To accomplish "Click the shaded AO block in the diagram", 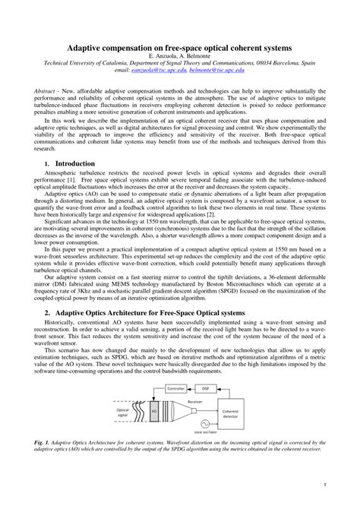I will coord(153,411).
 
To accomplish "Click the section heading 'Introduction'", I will coord(75,163).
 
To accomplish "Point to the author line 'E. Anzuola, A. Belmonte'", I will coord(179,55).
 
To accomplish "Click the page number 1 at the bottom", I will coord(324,484).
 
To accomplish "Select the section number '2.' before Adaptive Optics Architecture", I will coord(47,291).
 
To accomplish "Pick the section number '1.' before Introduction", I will coord(47,164).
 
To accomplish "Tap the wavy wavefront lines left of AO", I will coord(141,411).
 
